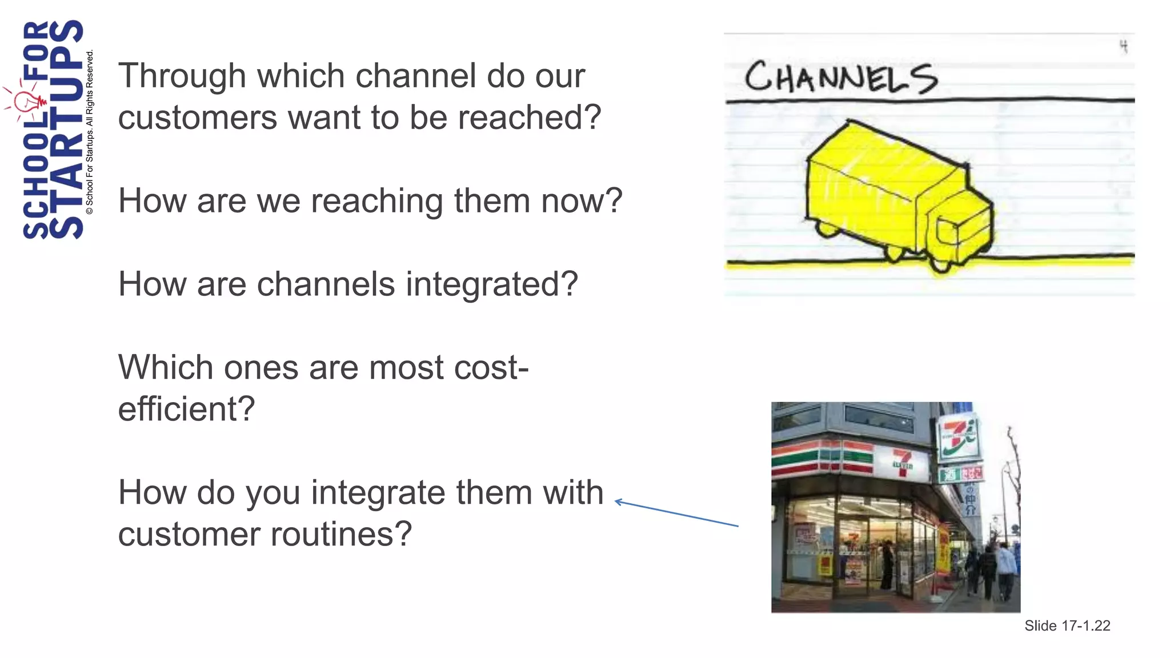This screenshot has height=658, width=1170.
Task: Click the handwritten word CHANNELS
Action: pos(840,78)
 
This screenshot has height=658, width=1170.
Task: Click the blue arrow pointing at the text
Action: pos(676,513)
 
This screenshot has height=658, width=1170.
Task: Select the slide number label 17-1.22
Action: pos(1067,626)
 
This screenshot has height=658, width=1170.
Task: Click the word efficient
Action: pos(186,409)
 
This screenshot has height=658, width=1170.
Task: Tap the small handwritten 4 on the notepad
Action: pos(1123,46)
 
